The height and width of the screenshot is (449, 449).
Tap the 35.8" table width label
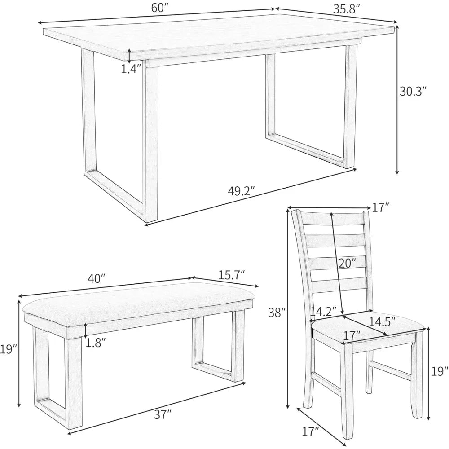347,9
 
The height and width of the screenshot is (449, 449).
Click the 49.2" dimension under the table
241,191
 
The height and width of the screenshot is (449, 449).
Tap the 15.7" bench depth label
231,275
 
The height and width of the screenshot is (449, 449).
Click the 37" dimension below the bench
163,415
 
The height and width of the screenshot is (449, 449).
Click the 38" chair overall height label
277,313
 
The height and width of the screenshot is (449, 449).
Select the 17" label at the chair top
380,207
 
